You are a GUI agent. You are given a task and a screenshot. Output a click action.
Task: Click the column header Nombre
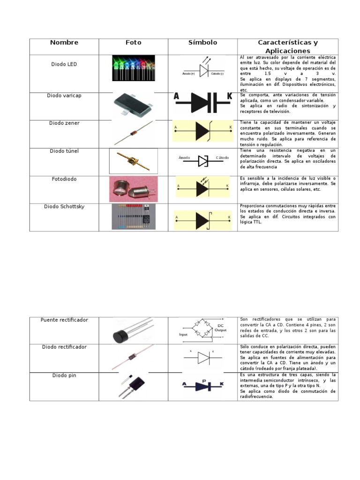(x=64, y=43)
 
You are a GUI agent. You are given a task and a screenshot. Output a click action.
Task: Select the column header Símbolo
(x=203, y=43)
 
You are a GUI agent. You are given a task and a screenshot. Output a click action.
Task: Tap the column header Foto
(x=134, y=43)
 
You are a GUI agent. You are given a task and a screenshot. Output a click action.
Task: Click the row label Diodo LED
(x=64, y=64)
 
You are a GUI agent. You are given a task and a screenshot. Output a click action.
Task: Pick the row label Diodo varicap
(x=64, y=96)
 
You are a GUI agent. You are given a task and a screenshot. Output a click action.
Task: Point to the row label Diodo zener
(x=64, y=123)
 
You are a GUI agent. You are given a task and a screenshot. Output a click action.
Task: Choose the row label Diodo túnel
(x=64, y=151)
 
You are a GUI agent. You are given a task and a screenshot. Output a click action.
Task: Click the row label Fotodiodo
(x=64, y=179)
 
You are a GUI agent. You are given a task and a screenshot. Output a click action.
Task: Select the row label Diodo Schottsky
(x=64, y=207)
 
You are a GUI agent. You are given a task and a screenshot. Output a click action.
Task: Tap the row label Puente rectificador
(x=64, y=320)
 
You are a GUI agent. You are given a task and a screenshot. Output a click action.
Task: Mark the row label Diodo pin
(x=64, y=375)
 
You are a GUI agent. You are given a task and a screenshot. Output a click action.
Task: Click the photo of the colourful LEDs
(x=133, y=68)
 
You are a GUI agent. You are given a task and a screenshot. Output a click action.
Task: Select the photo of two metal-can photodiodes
(x=134, y=188)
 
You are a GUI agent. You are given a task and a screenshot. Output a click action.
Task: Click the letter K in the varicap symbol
(x=229, y=97)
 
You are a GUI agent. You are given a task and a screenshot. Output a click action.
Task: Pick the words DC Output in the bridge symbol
(x=220, y=327)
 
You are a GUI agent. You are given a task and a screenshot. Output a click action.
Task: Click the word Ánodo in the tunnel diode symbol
(x=184, y=158)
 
